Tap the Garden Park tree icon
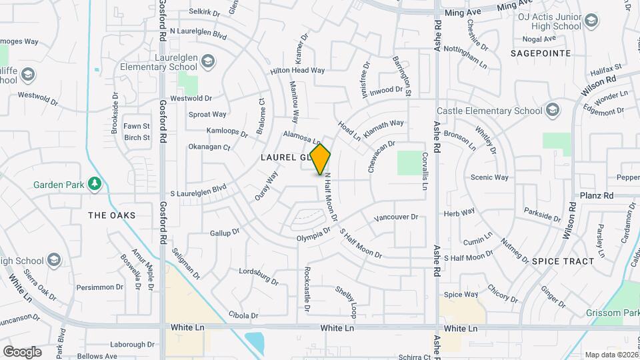(x=95, y=183)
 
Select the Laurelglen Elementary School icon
(x=209, y=61)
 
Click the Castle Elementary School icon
(x=553, y=110)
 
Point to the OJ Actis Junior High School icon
(x=590, y=21)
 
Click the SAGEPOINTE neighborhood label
(x=541, y=53)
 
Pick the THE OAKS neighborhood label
(x=112, y=215)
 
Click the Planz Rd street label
(x=597, y=196)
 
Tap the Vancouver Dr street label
(x=396, y=217)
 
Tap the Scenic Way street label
(x=489, y=177)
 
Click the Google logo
(x=22, y=351)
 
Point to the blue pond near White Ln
(x=255, y=342)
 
